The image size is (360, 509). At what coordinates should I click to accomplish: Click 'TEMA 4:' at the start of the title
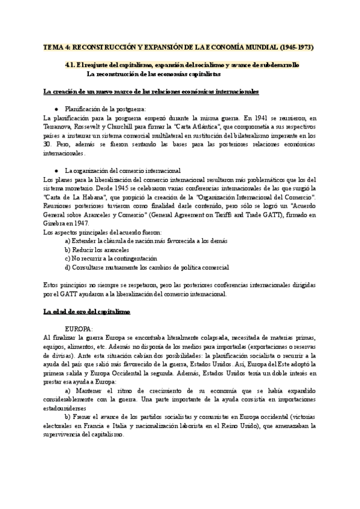pyautogui.click(x=56, y=47)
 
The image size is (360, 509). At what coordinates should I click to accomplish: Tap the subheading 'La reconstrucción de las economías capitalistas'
pyautogui.click(x=154, y=74)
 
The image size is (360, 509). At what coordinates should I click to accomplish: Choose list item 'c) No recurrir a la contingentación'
pyautogui.click(x=114, y=258)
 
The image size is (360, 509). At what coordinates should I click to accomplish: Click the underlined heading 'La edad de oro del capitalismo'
pyautogui.click(x=87, y=312)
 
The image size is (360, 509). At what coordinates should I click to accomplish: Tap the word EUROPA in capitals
pyautogui.click(x=78, y=330)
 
